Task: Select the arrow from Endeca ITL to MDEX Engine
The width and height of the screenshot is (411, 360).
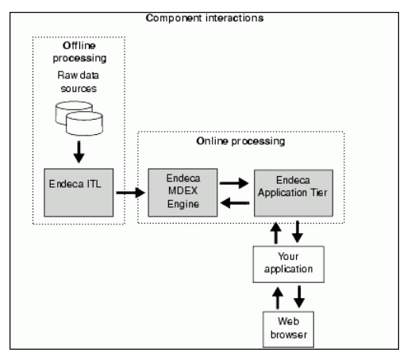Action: pyautogui.click(x=129, y=192)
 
